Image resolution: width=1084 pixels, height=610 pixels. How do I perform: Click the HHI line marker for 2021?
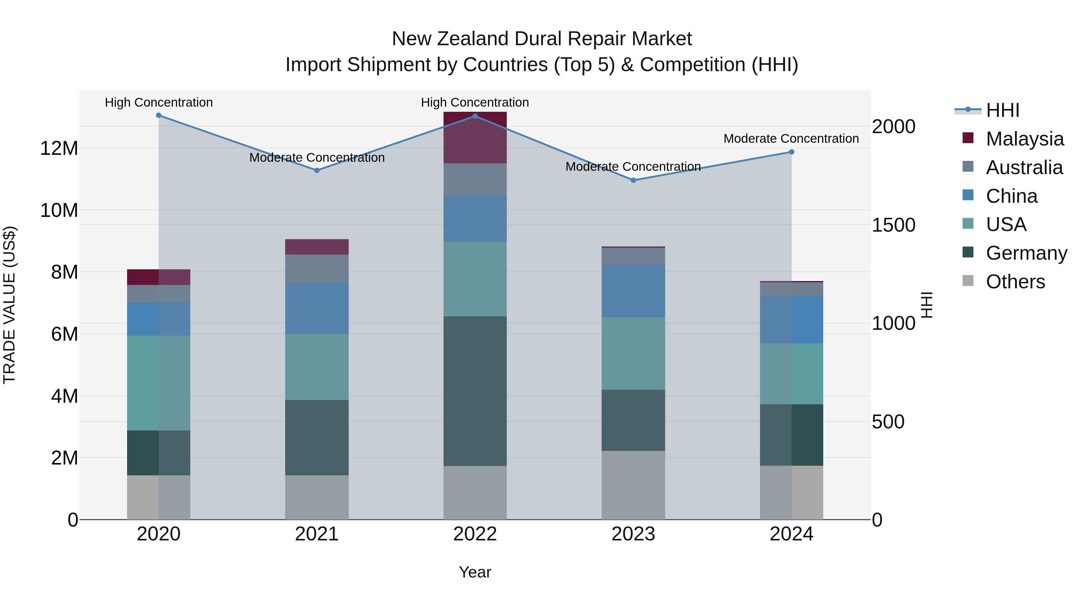[x=317, y=170]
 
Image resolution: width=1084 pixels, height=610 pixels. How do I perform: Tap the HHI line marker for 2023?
[x=633, y=180]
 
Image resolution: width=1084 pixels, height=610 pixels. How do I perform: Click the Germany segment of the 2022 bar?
[x=475, y=391]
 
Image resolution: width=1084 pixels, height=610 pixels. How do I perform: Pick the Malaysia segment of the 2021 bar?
[x=317, y=247]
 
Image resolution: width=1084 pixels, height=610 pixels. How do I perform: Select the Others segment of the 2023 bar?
[x=633, y=485]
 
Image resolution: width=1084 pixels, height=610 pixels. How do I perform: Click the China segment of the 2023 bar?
[x=633, y=291]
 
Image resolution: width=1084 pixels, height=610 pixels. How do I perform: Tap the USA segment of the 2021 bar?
[x=317, y=367]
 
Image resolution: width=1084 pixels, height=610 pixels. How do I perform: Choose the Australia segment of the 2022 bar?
[x=475, y=179]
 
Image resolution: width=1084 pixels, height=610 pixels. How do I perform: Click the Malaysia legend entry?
[x=1024, y=139]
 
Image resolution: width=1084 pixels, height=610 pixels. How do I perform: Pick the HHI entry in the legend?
[x=1002, y=110]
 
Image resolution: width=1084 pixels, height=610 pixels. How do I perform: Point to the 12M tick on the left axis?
[x=59, y=148]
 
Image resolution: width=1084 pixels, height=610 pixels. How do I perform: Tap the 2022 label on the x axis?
[x=475, y=534]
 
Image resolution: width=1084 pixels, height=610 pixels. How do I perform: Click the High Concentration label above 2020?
[x=159, y=102]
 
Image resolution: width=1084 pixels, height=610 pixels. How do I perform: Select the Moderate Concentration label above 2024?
[x=791, y=139]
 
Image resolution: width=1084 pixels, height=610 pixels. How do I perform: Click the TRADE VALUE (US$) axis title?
[x=9, y=305]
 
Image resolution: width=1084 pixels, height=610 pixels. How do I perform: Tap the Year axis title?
[x=475, y=572]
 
